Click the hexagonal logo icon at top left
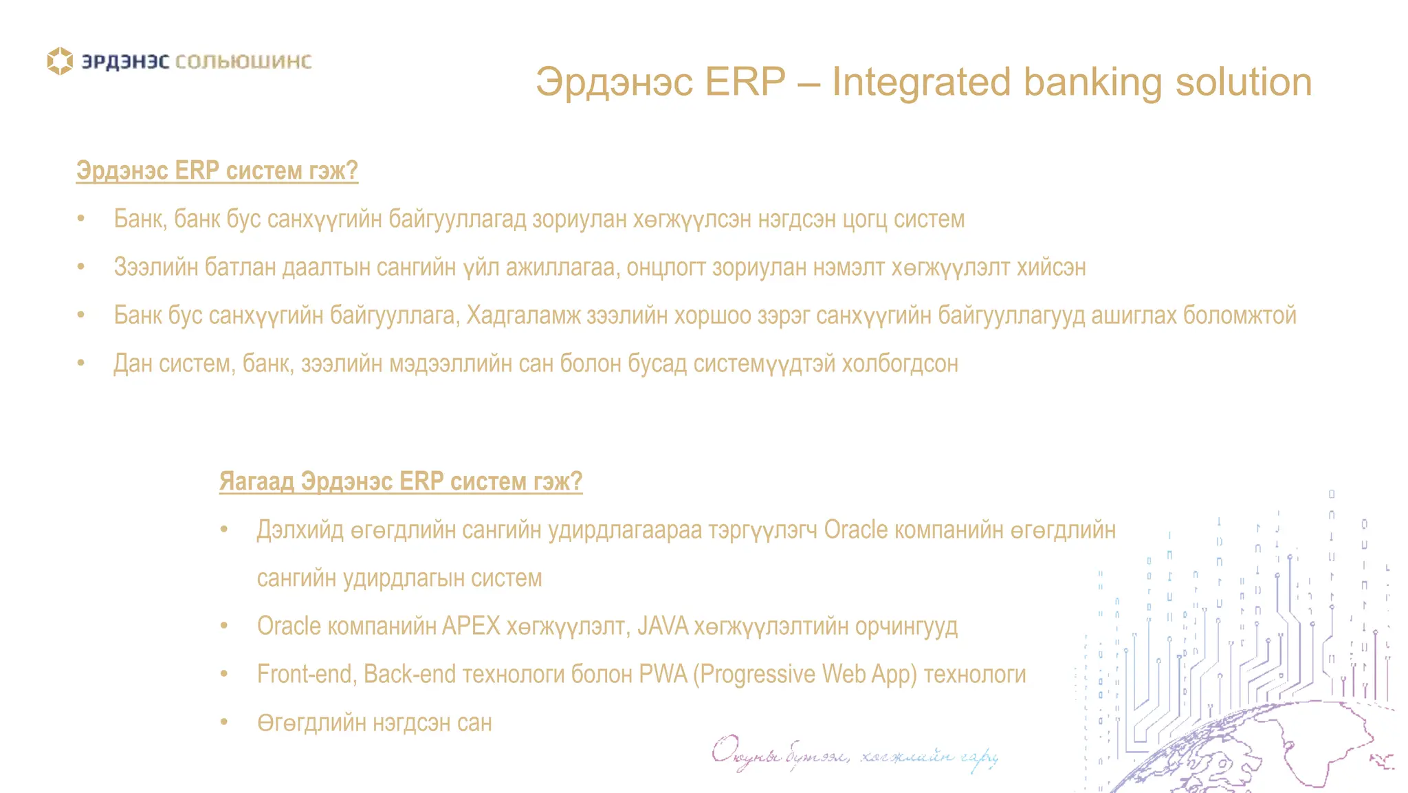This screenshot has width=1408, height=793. point(60,61)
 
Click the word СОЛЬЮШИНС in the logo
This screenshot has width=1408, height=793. point(243,62)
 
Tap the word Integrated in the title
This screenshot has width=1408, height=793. point(922,83)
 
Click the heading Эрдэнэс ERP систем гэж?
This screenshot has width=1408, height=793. point(217,171)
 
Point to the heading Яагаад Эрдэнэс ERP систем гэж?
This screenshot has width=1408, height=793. point(400,481)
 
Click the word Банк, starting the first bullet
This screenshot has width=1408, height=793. point(140,219)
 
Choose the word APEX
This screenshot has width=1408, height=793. point(471,627)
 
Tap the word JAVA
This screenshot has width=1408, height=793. point(662,627)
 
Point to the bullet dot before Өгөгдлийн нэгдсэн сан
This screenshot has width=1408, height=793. point(224,722)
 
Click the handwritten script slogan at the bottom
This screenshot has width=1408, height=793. point(854,755)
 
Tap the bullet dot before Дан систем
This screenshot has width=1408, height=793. point(81,363)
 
